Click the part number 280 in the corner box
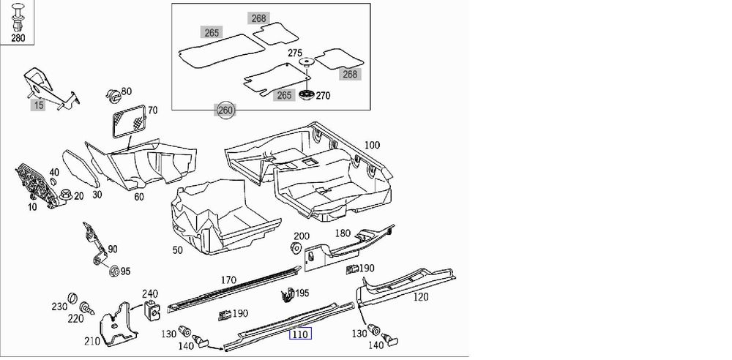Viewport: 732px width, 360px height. (18, 38)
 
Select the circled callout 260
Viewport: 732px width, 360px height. (225, 110)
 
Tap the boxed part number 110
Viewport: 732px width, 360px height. (299, 334)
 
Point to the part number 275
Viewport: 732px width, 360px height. (295, 53)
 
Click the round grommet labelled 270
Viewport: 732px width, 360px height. (306, 94)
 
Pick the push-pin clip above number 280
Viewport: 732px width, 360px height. (18, 18)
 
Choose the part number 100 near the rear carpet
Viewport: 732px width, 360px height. (372, 145)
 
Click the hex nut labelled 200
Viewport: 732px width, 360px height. (296, 248)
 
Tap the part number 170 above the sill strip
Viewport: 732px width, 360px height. (228, 280)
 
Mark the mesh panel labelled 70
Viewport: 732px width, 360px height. (130, 121)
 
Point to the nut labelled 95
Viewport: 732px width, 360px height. (113, 271)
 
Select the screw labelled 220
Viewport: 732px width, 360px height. (86, 308)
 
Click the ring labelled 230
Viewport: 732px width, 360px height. (72, 299)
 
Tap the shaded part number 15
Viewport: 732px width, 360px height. (38, 105)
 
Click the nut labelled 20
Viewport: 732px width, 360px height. (66, 195)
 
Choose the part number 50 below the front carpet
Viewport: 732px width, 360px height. (177, 250)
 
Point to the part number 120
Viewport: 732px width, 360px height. (421, 296)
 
